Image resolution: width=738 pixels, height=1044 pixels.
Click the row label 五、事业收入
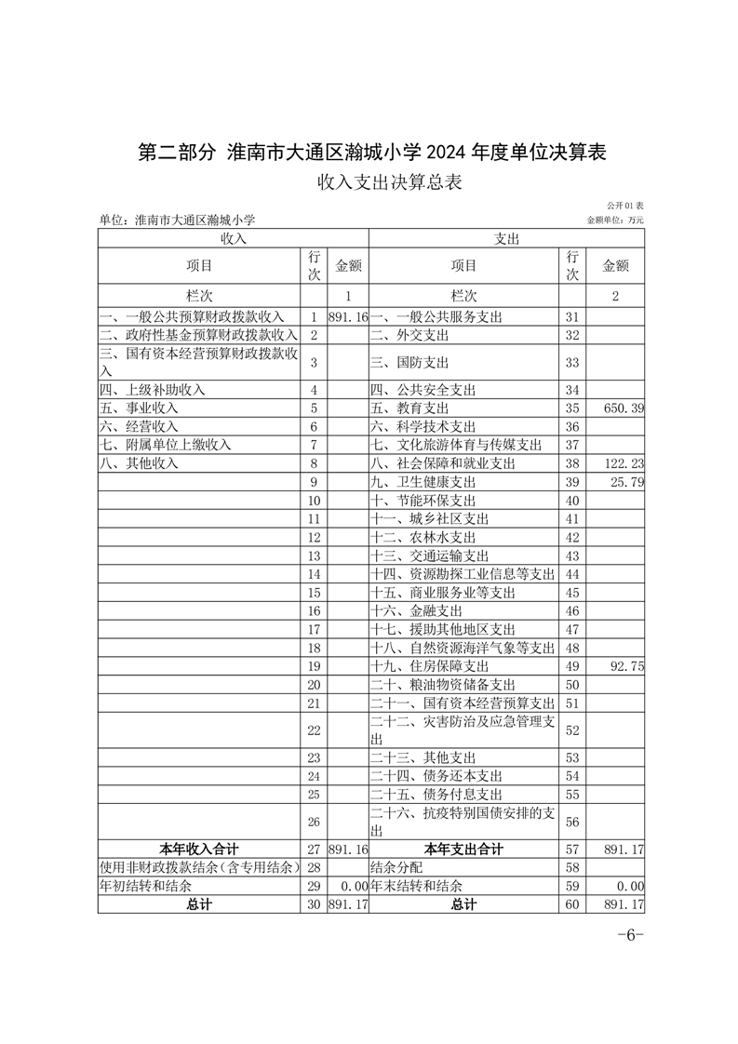click(x=139, y=408)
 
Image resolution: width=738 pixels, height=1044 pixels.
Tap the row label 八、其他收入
click(x=139, y=463)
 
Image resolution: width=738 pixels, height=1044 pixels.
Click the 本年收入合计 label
click(x=199, y=849)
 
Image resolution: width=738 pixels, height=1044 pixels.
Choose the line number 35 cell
click(x=572, y=408)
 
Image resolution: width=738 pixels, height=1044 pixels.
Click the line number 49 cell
click(x=572, y=666)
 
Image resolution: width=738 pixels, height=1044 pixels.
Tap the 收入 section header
click(x=234, y=239)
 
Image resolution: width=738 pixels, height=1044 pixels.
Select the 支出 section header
click(x=507, y=239)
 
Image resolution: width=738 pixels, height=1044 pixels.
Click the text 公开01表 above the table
click(x=625, y=205)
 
